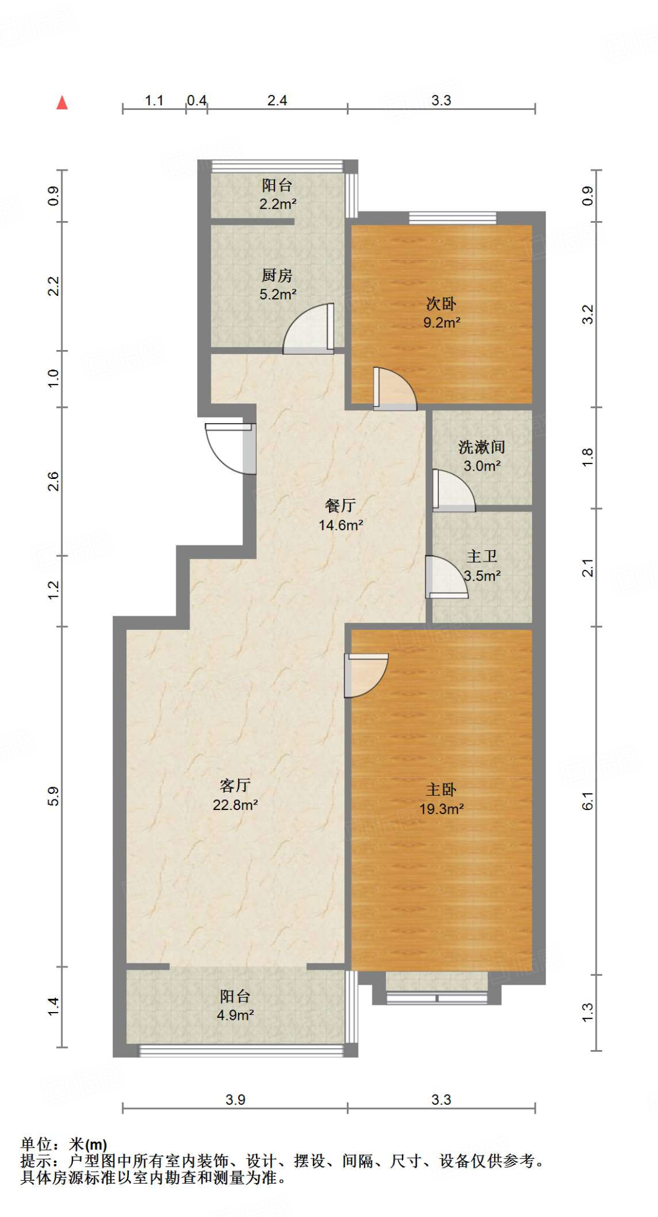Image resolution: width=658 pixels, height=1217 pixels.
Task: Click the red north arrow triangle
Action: click(x=62, y=103)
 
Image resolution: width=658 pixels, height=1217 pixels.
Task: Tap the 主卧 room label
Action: click(x=441, y=789)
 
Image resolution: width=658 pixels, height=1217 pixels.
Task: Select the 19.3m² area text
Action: click(x=441, y=809)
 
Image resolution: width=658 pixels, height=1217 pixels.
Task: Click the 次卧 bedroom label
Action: click(x=441, y=304)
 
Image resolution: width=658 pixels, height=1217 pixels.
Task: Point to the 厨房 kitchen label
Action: click(x=277, y=275)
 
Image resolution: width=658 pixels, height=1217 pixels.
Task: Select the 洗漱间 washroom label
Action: click(x=482, y=447)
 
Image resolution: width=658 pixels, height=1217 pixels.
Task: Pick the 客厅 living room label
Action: click(x=235, y=785)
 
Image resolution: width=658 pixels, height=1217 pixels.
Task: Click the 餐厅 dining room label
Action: click(x=340, y=505)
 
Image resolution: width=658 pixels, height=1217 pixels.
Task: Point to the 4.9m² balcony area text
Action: click(x=235, y=1015)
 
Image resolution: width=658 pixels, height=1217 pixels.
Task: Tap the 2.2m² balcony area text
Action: click(x=277, y=204)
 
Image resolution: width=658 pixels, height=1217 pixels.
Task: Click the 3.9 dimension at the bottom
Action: click(x=235, y=1099)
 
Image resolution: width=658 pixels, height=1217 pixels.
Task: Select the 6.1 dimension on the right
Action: click(x=587, y=800)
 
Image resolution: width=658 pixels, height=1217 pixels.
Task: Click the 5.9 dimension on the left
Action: click(x=53, y=796)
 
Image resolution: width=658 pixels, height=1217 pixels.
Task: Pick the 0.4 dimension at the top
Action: click(x=197, y=100)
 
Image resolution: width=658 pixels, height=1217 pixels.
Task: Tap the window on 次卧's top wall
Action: click(x=453, y=218)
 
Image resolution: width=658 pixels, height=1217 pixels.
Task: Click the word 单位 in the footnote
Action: click(x=37, y=1144)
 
